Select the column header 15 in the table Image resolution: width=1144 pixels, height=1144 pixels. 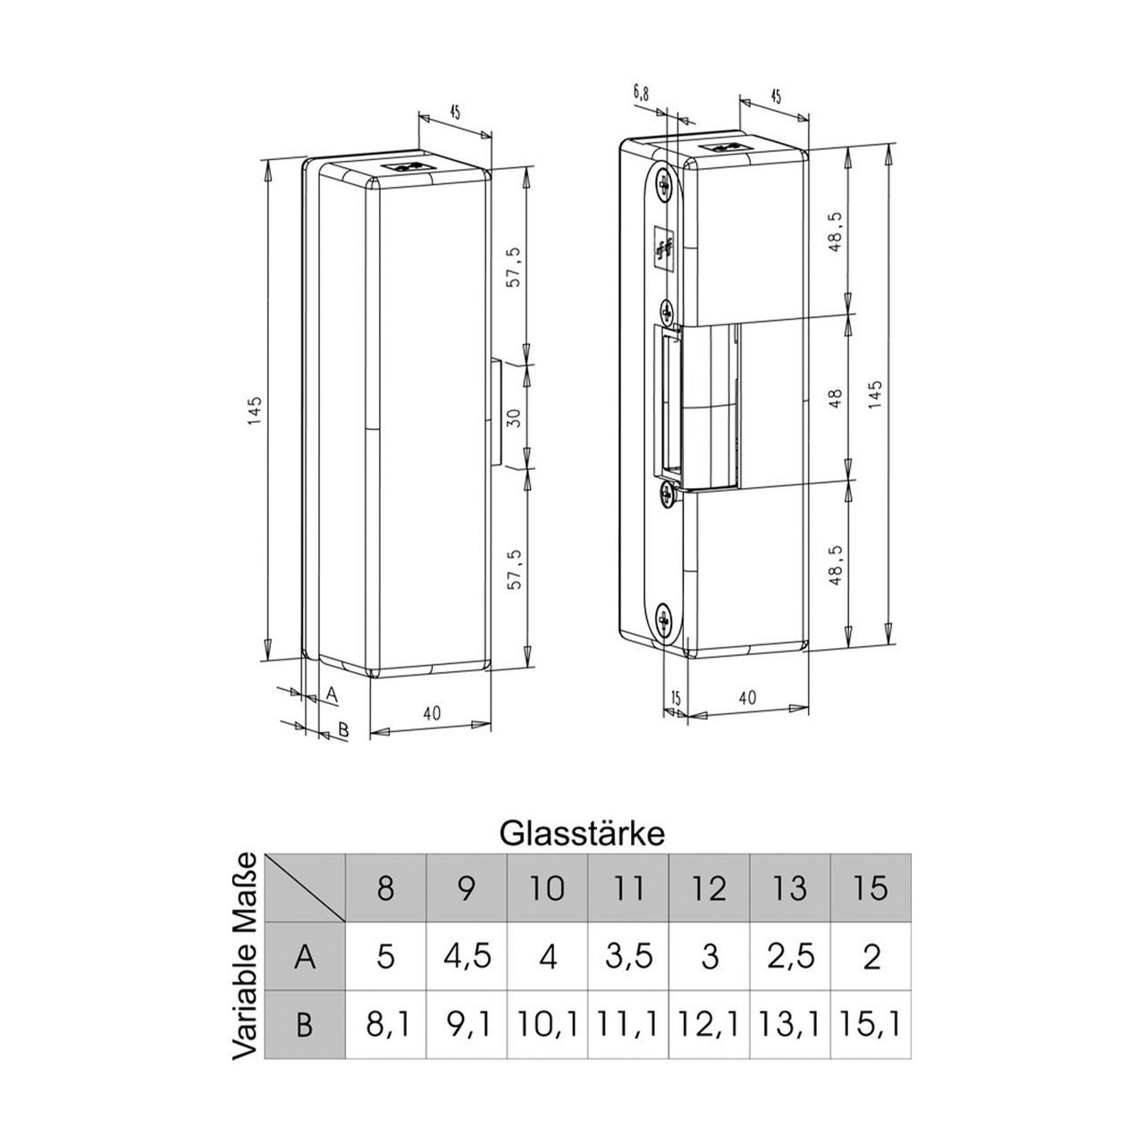pyautogui.click(x=871, y=887)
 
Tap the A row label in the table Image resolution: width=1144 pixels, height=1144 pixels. pyautogui.click(x=305, y=956)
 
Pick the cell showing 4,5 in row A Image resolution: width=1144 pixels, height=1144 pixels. pyautogui.click(x=467, y=956)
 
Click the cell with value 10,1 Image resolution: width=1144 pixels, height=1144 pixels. pyautogui.click(x=548, y=1024)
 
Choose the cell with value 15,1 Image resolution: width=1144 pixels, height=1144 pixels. pyautogui.click(x=871, y=1024)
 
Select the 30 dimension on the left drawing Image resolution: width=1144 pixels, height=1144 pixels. pyautogui.click(x=513, y=416)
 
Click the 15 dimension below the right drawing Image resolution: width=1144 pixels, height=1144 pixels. pyautogui.click(x=675, y=698)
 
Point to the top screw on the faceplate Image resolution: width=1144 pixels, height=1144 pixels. pyautogui.click(x=663, y=182)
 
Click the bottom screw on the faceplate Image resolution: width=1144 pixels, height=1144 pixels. pyautogui.click(x=664, y=617)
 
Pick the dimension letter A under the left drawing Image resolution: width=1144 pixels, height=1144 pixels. pyautogui.click(x=330, y=693)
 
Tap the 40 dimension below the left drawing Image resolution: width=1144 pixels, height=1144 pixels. pyautogui.click(x=432, y=713)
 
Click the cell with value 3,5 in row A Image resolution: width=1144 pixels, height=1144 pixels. pyautogui.click(x=628, y=956)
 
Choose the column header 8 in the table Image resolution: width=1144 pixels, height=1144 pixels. pyautogui.click(x=385, y=887)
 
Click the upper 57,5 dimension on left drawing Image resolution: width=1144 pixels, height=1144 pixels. pyautogui.click(x=513, y=266)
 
